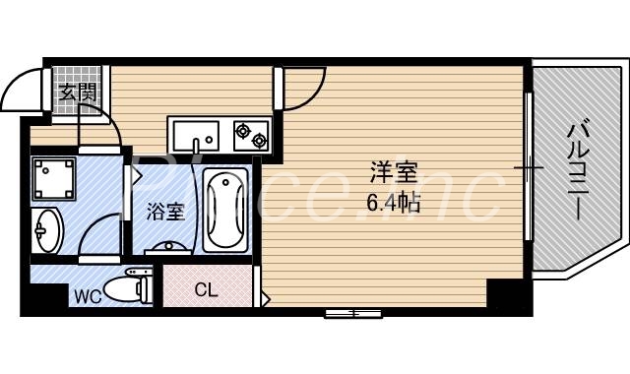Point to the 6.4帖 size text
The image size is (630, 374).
pos(394,204)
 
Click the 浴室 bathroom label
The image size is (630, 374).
pos(165,211)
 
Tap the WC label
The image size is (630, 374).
pos(83,295)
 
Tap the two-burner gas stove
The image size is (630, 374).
pos(250,134)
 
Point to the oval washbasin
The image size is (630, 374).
pos(45,231)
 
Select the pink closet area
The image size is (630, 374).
pos(208,287)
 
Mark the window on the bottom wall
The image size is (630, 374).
pos(353,313)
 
